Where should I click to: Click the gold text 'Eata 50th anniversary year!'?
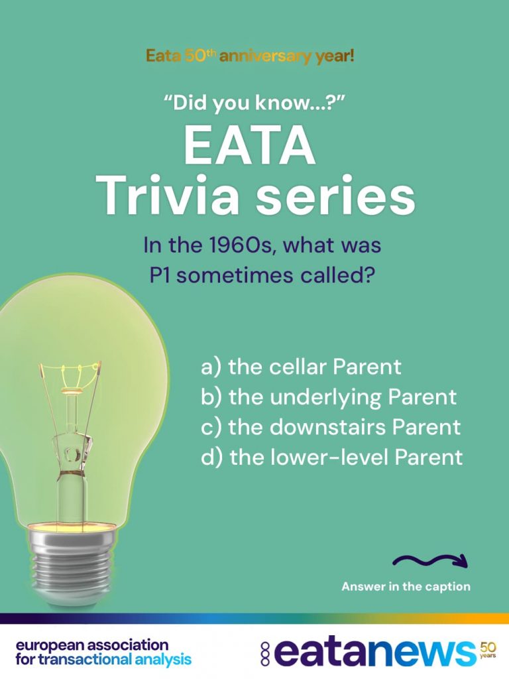[250, 56]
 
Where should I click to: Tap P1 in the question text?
[160, 275]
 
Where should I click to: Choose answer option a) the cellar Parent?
[302, 367]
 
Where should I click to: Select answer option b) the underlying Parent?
[329, 398]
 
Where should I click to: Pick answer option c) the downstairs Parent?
[331, 427]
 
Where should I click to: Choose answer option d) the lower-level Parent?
[332, 458]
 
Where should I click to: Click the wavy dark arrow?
[430, 561]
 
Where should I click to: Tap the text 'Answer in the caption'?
[406, 587]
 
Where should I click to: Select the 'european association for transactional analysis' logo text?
[103, 652]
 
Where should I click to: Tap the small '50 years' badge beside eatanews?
[488, 650]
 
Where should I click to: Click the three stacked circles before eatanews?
[265, 654]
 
